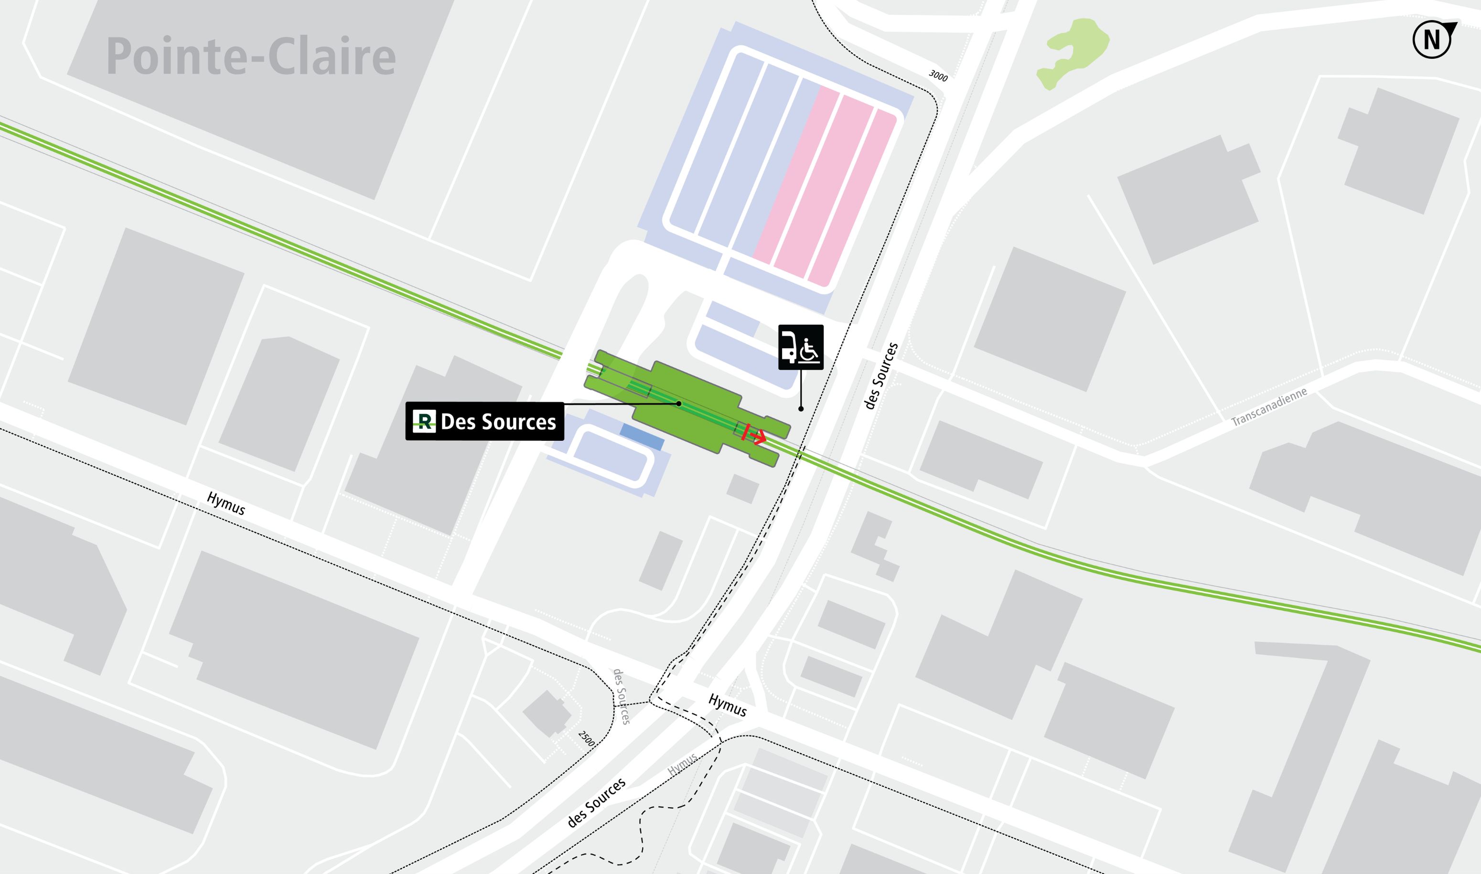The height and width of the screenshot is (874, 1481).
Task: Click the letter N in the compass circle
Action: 1431,41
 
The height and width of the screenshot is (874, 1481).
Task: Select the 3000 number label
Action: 938,76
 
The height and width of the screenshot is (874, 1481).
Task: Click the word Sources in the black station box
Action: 518,422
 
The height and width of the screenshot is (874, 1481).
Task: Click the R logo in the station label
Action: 424,421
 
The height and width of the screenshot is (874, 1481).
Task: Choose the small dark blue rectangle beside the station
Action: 642,437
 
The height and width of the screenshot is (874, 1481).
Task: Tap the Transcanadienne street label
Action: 1269,406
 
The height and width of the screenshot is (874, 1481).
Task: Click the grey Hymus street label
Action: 682,765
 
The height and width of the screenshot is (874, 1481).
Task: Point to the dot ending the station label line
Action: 679,404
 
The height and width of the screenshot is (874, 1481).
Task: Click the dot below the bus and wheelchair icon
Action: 801,409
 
